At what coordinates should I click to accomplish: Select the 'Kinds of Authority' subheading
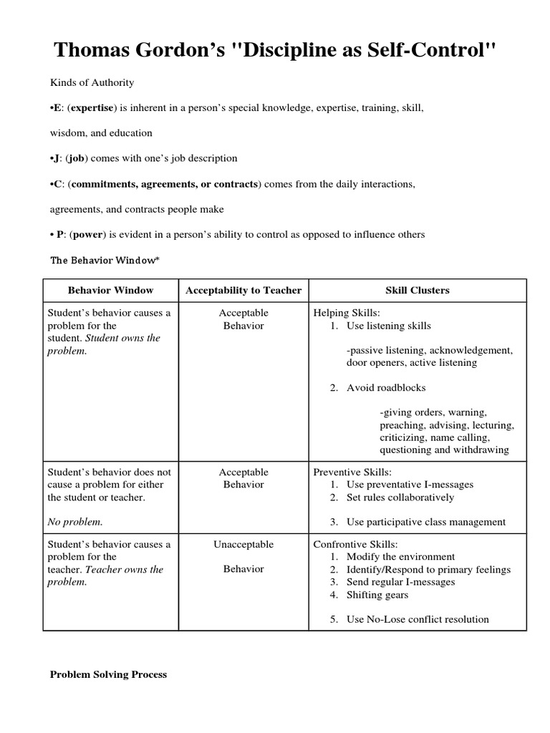[91, 82]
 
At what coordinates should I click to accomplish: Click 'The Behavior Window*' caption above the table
[103, 261]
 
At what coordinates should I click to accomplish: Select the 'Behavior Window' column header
[110, 290]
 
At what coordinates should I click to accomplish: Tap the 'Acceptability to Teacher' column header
[243, 290]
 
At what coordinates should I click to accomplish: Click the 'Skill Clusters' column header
[418, 290]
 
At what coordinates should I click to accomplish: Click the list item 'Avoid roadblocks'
[386, 387]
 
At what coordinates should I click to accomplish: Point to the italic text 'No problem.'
[75, 522]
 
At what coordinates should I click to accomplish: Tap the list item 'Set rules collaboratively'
[400, 497]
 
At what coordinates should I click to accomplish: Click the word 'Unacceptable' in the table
[243, 544]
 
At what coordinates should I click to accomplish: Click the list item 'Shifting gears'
[377, 595]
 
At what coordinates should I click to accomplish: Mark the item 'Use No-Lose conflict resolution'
[418, 619]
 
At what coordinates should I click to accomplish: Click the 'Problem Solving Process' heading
[108, 674]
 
